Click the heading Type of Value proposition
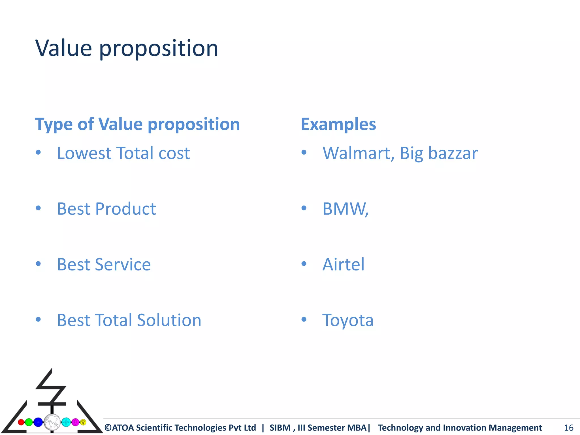click(x=137, y=124)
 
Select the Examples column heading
click(x=338, y=124)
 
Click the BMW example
click(x=345, y=209)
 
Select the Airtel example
click(x=343, y=265)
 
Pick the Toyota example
click(x=348, y=320)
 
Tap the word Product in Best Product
click(x=125, y=209)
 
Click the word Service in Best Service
click(x=123, y=265)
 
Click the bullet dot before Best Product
click(x=39, y=208)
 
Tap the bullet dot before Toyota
click(x=304, y=320)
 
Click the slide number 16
click(x=568, y=428)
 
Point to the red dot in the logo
click(x=21, y=422)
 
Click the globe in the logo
click(x=52, y=422)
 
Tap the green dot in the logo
click(x=29, y=422)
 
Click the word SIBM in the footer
click(x=280, y=428)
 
